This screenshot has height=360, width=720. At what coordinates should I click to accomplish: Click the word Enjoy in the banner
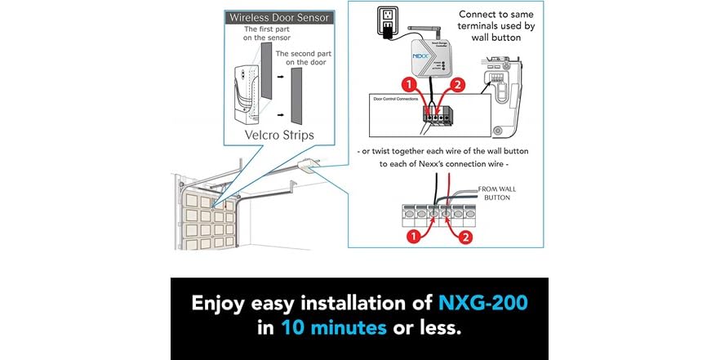click(220, 304)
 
